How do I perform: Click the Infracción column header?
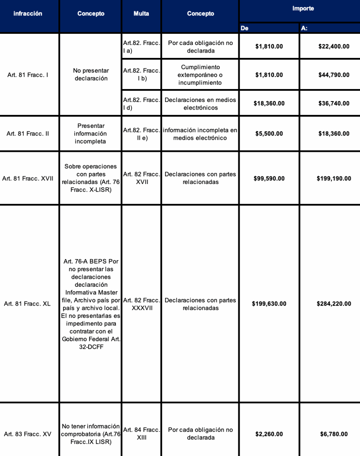28,14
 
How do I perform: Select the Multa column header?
141,14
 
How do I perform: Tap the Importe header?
303,9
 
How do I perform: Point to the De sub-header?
245,28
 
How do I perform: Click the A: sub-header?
304,28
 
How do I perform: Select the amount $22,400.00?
334,46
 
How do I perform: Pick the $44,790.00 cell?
334,75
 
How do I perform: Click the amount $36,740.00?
334,103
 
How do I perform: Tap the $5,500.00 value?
269,134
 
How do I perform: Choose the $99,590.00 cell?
269,178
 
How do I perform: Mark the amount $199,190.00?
334,178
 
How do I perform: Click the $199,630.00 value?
269,304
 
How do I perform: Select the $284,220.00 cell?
334,304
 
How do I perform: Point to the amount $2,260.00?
269,434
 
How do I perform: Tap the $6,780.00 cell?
334,434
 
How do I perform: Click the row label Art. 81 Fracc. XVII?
28,178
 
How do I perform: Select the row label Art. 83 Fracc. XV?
28,434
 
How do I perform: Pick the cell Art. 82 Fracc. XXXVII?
141,304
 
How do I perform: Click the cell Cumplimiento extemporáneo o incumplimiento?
200,75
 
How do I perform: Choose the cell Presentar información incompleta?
90,134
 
